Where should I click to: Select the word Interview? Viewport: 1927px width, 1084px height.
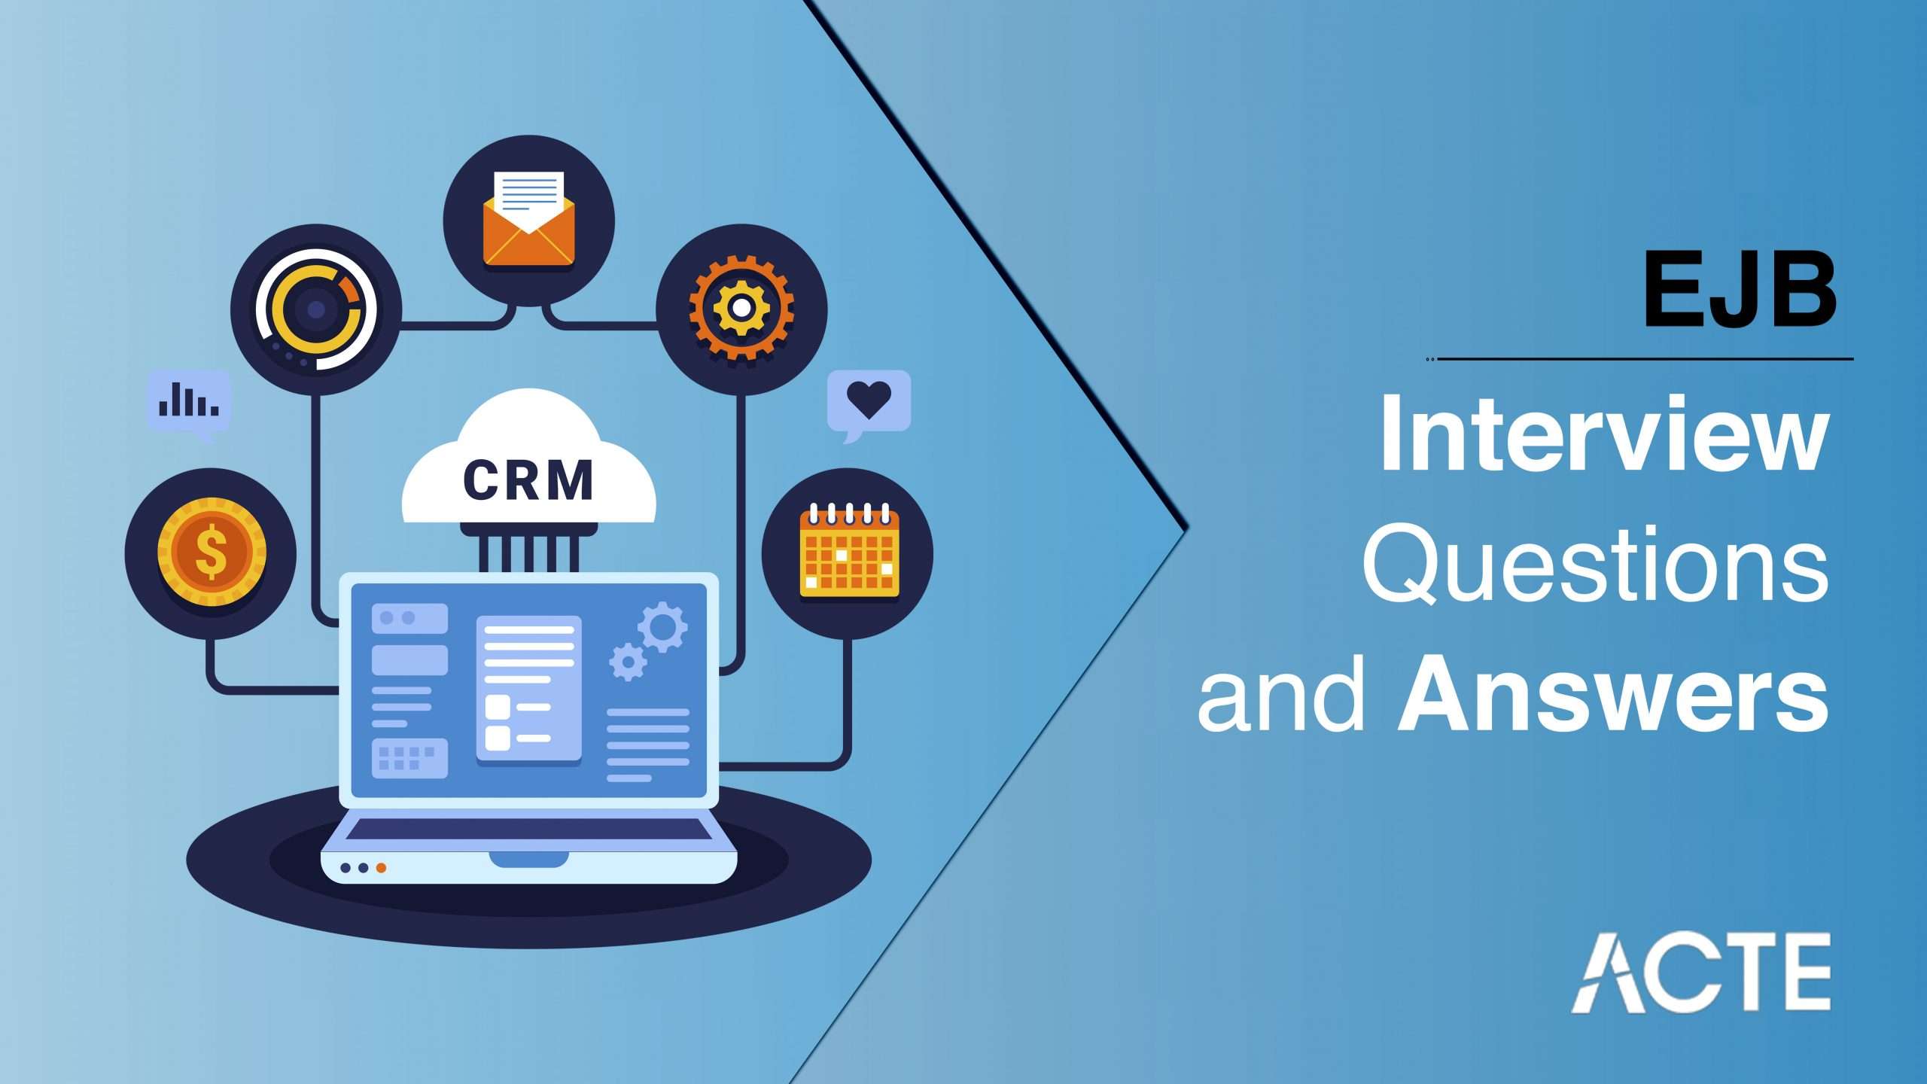click(x=1605, y=434)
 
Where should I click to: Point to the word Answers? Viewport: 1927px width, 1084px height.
click(x=1613, y=693)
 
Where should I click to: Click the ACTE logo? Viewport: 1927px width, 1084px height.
click(x=1700, y=972)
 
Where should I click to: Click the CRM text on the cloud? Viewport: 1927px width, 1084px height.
click(x=528, y=480)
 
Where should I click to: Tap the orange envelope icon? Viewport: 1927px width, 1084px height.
click(x=528, y=219)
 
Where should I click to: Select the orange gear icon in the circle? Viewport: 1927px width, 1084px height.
click(x=741, y=307)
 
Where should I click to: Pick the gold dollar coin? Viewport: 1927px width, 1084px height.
click(x=212, y=552)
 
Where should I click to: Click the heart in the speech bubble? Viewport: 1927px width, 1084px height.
click(x=869, y=399)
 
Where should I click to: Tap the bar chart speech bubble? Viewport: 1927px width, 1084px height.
click(x=189, y=405)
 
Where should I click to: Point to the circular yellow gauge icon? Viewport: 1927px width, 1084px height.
click(x=316, y=309)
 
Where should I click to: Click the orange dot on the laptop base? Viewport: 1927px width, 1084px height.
click(x=382, y=868)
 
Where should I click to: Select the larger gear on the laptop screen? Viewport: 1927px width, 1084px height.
click(x=662, y=626)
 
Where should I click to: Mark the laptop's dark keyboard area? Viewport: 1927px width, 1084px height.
click(x=528, y=830)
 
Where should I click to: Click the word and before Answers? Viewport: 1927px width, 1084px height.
click(x=1282, y=693)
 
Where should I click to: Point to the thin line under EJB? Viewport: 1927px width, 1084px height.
click(x=1640, y=359)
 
